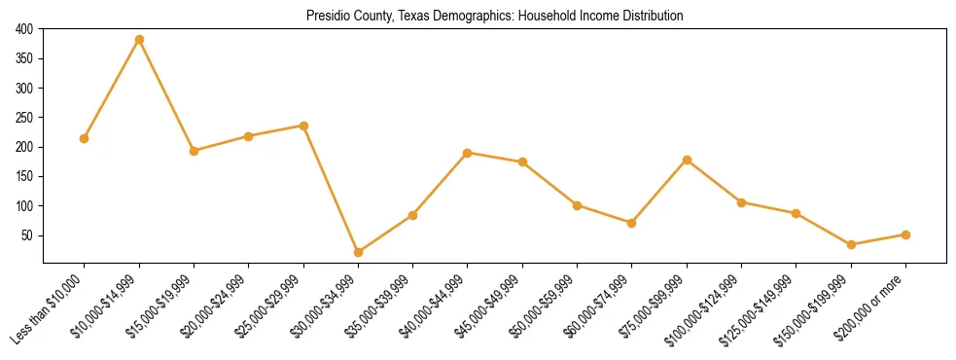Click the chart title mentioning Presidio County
pos(495,17)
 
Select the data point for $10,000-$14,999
pos(139,39)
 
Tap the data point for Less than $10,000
pos(85,138)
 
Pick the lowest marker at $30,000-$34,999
pos(359,252)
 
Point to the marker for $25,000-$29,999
pos(303,126)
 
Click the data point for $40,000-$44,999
pos(468,153)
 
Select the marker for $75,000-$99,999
pos(688,160)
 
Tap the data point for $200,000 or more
pos(906,234)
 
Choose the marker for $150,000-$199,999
pos(852,244)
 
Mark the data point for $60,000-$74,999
pos(632,223)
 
